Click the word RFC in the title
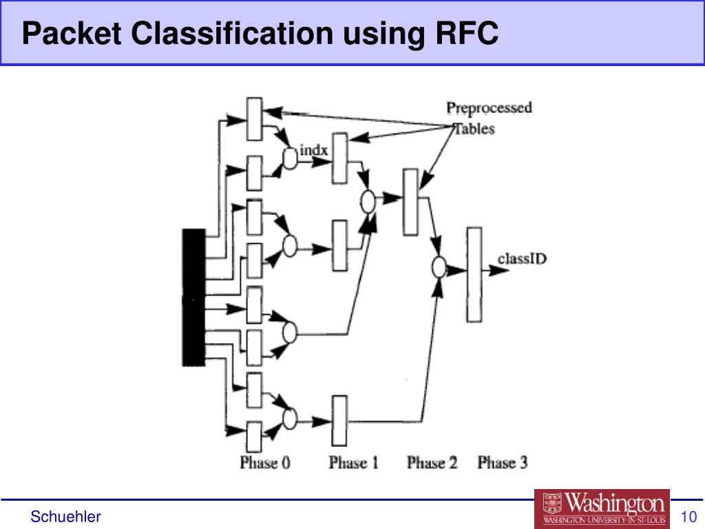pos(467,33)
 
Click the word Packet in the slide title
pos(72,33)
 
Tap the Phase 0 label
pos(265,462)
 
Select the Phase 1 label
pos(353,462)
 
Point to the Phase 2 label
pos(432,462)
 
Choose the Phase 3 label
pos(502,462)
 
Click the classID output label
pos(522,259)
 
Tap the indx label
pos(313,150)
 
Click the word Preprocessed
pos(490,108)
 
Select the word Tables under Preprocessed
pos(475,129)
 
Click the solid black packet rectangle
pos(193,298)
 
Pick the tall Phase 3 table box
pos(474,275)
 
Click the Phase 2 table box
pos(410,203)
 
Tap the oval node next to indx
pos(290,158)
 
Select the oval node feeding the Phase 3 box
pos(439,267)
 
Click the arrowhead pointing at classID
pos(499,270)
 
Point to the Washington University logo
pos(602,508)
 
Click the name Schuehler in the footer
pos(65,517)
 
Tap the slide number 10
pos(688,517)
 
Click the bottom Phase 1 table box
pos(339,421)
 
